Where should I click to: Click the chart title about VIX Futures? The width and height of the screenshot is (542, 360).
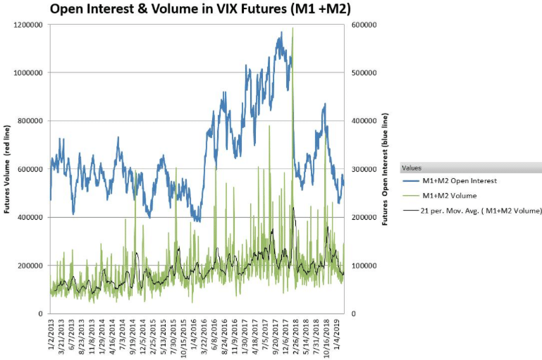199,9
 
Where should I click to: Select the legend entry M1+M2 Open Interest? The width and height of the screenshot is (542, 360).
465,181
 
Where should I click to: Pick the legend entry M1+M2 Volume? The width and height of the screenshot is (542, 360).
455,195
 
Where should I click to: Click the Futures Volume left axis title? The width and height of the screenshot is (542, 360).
6,169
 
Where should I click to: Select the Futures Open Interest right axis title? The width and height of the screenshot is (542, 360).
386,169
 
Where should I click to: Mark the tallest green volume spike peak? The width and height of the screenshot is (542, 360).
292,28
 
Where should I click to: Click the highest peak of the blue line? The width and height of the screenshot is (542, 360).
281,32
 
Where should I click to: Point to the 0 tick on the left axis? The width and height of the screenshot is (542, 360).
40,314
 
